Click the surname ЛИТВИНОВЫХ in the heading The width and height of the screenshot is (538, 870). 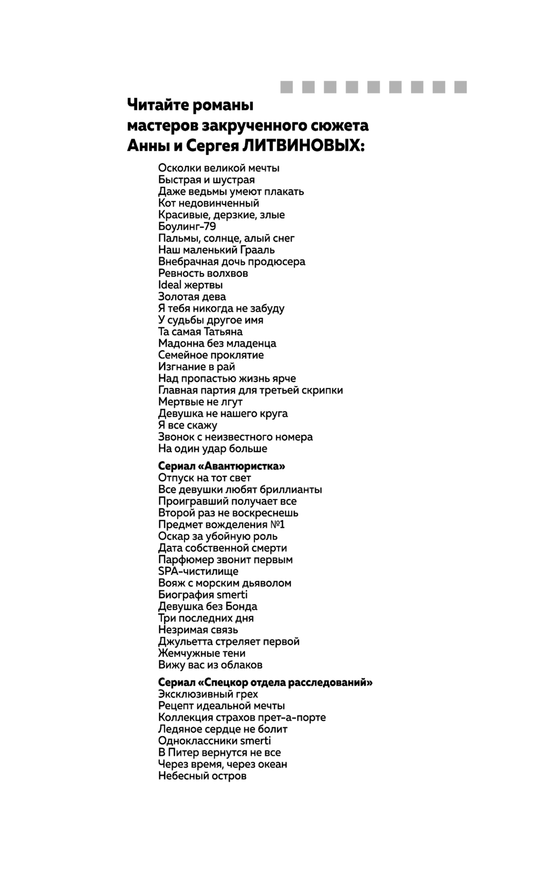(303, 146)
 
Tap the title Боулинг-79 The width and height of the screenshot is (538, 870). (187, 227)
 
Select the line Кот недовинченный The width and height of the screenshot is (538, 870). (209, 204)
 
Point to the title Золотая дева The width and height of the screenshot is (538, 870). (192, 297)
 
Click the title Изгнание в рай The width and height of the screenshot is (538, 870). (196, 367)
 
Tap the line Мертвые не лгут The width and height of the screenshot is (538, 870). (200, 402)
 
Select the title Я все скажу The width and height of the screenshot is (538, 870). (188, 425)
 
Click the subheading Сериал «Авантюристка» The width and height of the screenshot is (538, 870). (222, 466)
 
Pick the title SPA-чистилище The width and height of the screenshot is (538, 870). (198, 571)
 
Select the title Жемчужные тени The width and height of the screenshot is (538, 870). (202, 653)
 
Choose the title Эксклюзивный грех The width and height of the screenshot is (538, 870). (208, 694)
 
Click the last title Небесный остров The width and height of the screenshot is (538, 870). (202, 776)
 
